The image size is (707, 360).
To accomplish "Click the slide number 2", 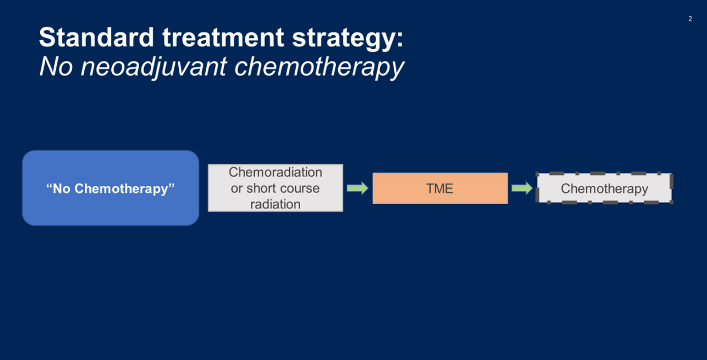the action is point(690,19).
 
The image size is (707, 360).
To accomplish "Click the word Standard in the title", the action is point(97,37).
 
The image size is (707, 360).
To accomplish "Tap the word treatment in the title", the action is point(223,37).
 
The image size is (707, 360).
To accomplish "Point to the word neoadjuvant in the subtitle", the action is point(154,67).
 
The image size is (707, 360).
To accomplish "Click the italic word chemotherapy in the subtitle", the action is point(319,67).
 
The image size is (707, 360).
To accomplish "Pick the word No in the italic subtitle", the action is point(56,67).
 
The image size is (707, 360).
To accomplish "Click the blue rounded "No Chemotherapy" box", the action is point(111,188).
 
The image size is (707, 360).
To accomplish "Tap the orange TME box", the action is point(440,188).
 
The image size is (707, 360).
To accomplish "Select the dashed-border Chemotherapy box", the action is point(604,188).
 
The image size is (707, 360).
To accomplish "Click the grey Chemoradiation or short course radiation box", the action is point(276,188).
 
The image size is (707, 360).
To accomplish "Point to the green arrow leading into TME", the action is point(358,188).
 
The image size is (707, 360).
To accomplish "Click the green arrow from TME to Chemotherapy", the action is point(522,188).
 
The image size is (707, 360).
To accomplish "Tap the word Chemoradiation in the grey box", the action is point(276,172).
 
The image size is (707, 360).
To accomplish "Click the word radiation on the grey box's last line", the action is point(275,205).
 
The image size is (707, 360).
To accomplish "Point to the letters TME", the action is point(440,189).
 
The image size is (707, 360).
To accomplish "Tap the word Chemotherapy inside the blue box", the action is point(121,189).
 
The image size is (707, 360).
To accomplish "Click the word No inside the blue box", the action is point(61,189).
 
